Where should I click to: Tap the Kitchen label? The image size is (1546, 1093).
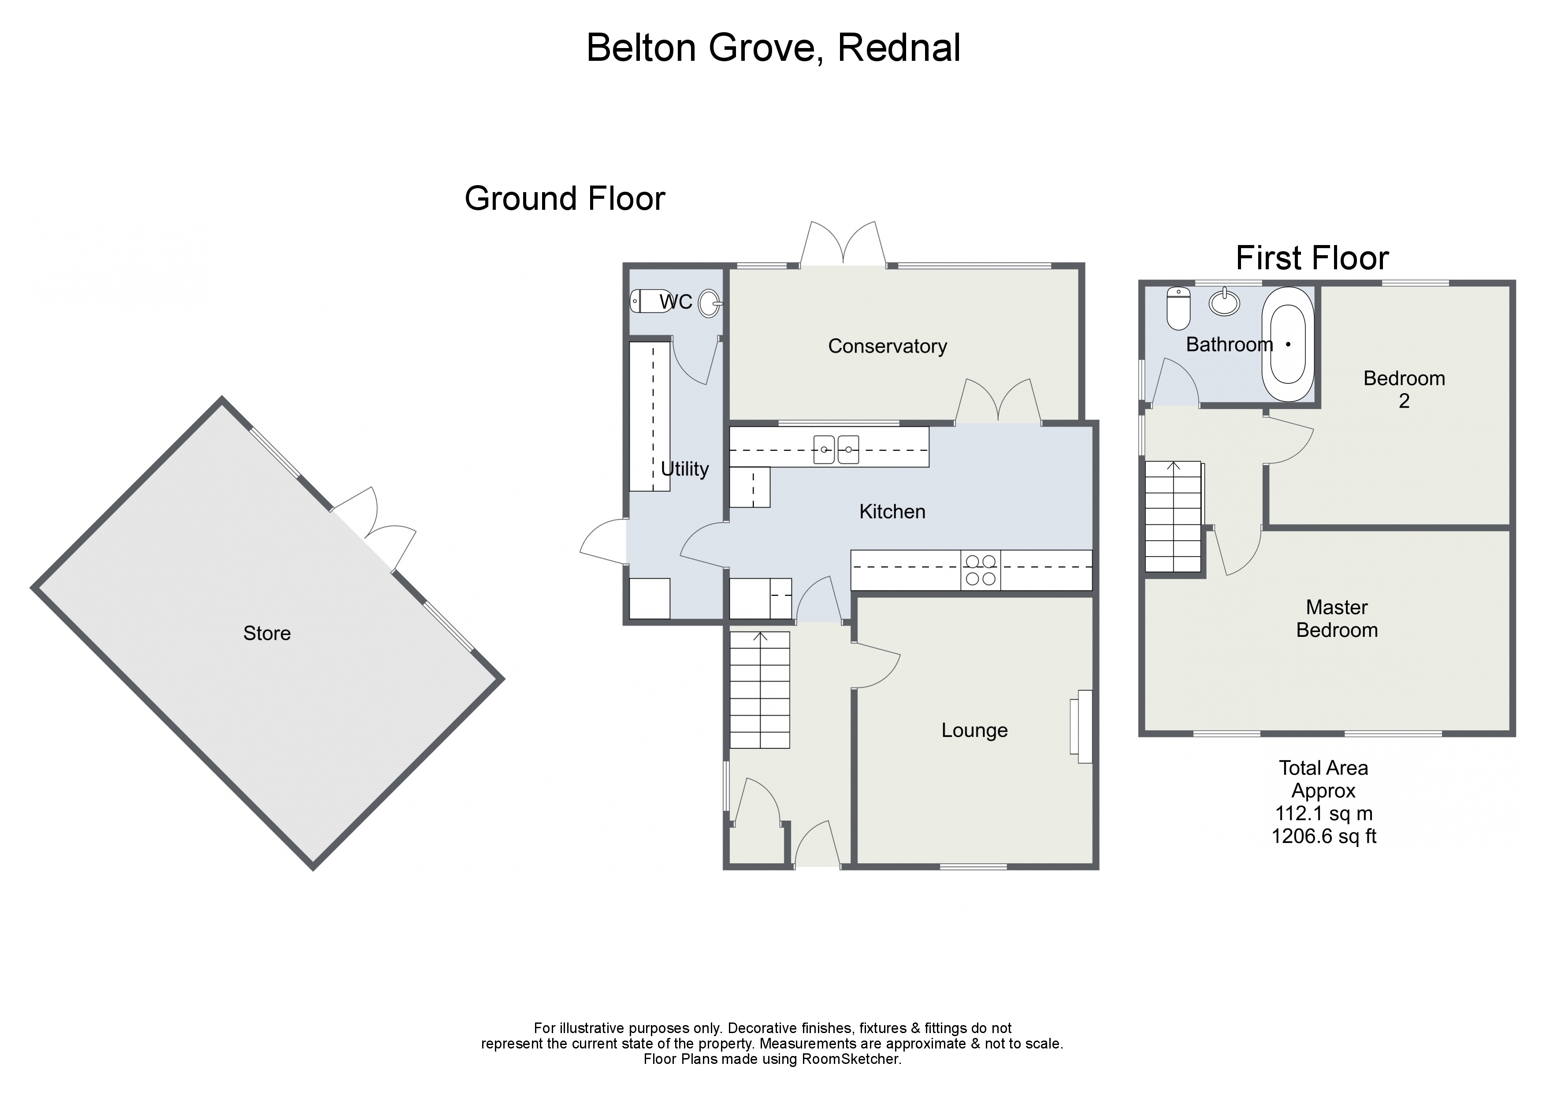[x=892, y=512]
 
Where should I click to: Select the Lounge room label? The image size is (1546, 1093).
[x=974, y=731]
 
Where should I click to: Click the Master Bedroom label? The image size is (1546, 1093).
[x=1337, y=619]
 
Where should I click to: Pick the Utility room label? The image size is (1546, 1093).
[x=684, y=469]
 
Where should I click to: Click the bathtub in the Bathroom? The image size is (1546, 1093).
[x=1287, y=344]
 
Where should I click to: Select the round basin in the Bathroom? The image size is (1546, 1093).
[x=1224, y=302]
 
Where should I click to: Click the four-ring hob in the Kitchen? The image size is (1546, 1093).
[x=981, y=570]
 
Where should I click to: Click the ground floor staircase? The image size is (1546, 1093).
[x=759, y=690]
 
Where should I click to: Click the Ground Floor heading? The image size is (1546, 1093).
[x=564, y=199]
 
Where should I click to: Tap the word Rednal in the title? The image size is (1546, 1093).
[x=898, y=48]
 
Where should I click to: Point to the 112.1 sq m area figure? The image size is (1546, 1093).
[x=1323, y=814]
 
